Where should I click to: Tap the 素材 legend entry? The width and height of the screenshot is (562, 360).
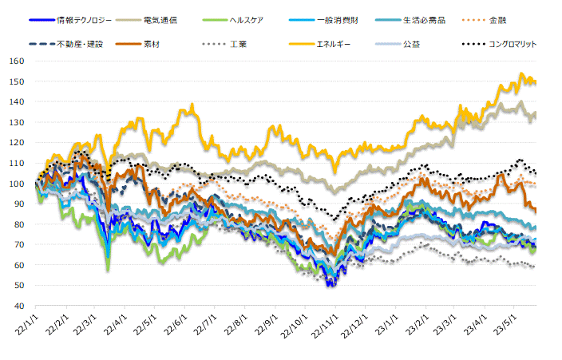coord(151,44)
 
